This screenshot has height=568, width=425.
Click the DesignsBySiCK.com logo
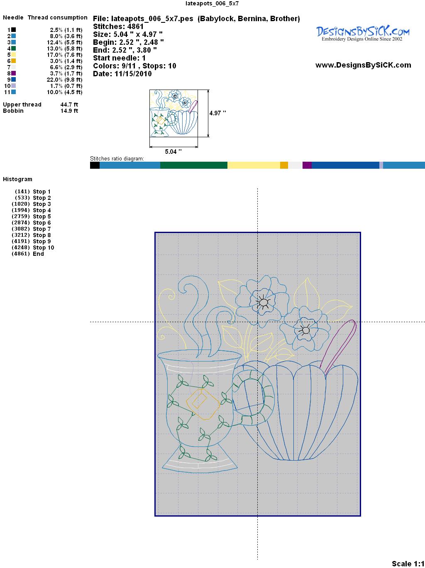click(x=363, y=34)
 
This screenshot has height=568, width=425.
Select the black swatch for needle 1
click(x=13, y=30)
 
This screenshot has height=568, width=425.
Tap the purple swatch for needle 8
click(x=13, y=73)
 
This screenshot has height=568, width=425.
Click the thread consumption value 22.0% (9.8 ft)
click(x=64, y=80)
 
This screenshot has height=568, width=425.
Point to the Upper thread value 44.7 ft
click(x=69, y=104)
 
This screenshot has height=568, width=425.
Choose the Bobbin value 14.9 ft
click(x=69, y=111)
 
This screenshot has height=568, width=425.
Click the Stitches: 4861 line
click(x=118, y=27)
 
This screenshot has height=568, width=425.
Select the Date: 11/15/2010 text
click(x=122, y=74)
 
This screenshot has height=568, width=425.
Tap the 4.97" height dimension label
click(x=217, y=113)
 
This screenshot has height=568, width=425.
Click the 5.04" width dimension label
click(x=173, y=152)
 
